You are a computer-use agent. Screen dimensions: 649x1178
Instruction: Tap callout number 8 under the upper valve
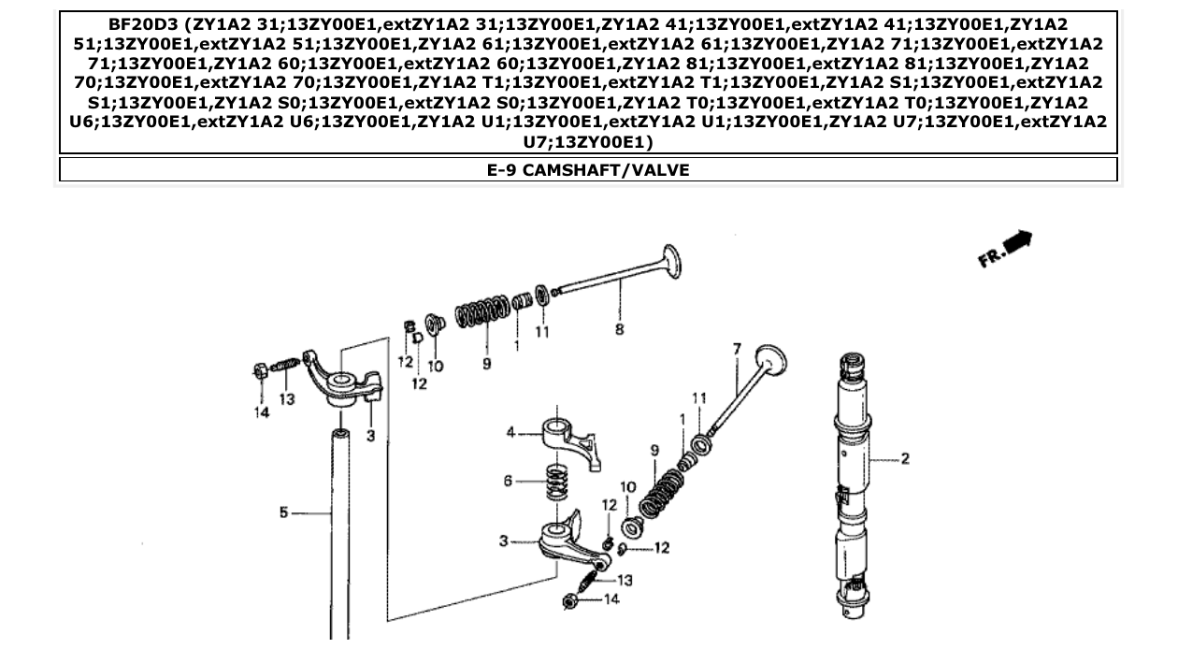click(x=619, y=329)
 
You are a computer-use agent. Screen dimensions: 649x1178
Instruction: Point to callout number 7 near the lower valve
click(x=737, y=349)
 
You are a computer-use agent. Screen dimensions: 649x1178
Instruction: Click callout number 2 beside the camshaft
click(x=904, y=458)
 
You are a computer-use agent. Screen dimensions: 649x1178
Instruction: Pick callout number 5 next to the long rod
click(x=283, y=512)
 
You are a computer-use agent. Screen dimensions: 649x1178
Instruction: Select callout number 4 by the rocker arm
click(x=510, y=432)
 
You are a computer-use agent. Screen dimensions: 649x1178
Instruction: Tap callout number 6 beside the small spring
click(x=508, y=481)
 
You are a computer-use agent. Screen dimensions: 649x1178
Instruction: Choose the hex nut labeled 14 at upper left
click(x=260, y=371)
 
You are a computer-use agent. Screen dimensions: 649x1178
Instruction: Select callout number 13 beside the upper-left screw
click(x=287, y=398)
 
